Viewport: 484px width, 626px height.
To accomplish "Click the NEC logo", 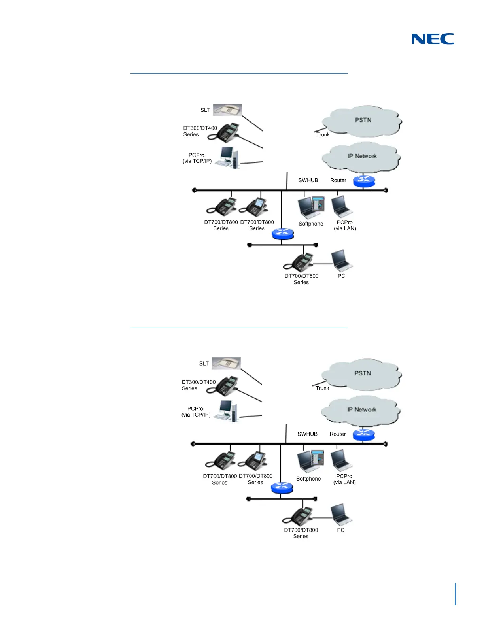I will click(x=433, y=39).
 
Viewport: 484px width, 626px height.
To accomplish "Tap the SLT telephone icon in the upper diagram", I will click(x=227, y=110).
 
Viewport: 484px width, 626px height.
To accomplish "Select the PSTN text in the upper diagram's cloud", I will click(x=363, y=120).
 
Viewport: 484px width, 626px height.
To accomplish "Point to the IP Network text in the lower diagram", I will click(x=362, y=409).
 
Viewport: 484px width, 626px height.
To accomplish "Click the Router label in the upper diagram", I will click(x=338, y=180).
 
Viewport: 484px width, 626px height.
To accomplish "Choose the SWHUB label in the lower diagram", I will click(x=307, y=434).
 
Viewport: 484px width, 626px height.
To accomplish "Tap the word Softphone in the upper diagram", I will click(x=311, y=224).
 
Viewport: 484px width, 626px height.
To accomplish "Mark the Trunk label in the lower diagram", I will click(x=322, y=388).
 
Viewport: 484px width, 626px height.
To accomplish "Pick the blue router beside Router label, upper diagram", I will click(x=364, y=181).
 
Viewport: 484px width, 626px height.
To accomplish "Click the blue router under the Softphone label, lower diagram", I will click(x=282, y=488).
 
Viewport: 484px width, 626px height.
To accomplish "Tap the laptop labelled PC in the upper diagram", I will click(x=342, y=260).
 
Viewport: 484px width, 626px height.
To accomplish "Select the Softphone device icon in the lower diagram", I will click(x=310, y=461).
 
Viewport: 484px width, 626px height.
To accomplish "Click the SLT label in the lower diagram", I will click(x=204, y=364).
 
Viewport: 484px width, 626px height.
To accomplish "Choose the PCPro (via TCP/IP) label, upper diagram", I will click(x=197, y=158).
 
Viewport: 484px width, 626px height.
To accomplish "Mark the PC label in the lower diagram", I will click(x=341, y=530).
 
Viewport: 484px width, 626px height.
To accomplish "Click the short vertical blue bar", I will click(x=456, y=594).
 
